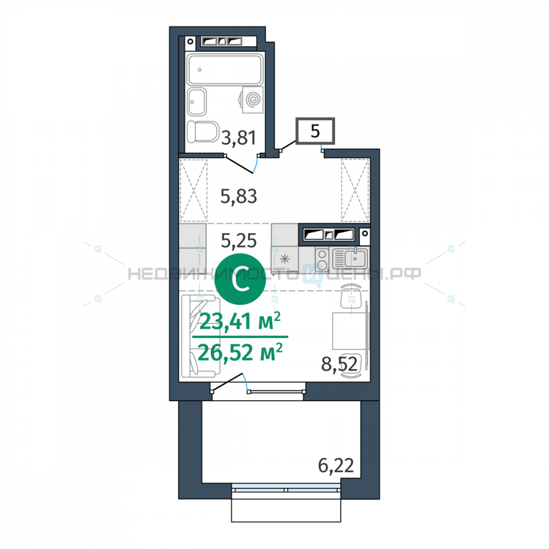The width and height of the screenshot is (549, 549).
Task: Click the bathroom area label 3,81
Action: point(239,138)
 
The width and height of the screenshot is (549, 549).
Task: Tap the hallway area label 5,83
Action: point(239,196)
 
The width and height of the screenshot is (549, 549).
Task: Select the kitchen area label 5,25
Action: point(239,240)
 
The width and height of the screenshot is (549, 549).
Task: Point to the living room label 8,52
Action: point(339,364)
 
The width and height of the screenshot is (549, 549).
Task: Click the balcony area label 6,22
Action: point(336,466)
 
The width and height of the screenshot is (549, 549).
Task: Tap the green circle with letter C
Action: point(240,279)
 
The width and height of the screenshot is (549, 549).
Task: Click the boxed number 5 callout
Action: point(315,131)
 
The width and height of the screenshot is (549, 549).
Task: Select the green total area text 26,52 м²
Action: point(240,352)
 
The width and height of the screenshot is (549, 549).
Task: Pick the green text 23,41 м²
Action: point(240,321)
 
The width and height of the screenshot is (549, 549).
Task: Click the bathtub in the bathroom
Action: point(225,69)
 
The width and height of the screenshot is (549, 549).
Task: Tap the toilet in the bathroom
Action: point(203,132)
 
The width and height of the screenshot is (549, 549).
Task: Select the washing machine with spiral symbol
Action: point(252,100)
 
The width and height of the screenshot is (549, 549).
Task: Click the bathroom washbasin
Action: point(197,102)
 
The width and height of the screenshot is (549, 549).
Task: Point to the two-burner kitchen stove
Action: point(322,260)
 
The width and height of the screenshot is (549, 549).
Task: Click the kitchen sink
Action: point(350,259)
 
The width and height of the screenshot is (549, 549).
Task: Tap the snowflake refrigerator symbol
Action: point(284,260)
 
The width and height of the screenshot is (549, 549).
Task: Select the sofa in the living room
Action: point(200,336)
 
